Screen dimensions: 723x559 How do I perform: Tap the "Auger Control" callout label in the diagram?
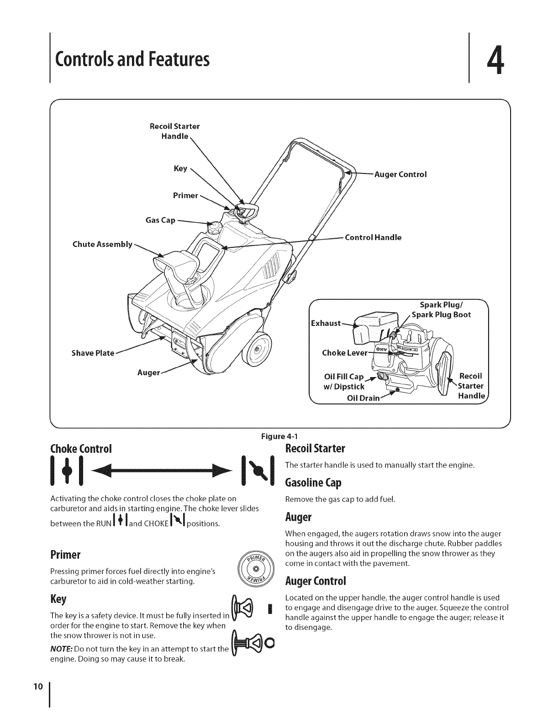click(x=401, y=174)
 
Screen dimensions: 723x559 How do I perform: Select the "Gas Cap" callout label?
click(x=160, y=220)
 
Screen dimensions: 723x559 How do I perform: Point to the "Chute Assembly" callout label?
click(x=102, y=244)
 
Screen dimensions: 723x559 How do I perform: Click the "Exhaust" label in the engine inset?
click(x=325, y=323)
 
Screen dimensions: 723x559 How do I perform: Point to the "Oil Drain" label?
click(x=363, y=398)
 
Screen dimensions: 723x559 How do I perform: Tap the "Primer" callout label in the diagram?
click(x=185, y=195)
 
